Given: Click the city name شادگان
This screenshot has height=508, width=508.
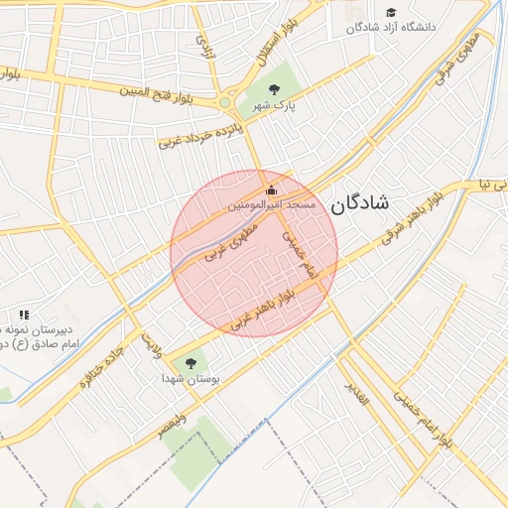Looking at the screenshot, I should (x=361, y=203).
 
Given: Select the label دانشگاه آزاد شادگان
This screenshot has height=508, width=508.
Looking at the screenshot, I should (x=391, y=27).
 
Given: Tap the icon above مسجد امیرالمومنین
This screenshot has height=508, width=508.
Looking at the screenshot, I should (x=271, y=190).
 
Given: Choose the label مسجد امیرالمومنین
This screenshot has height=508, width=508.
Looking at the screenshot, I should (x=272, y=204).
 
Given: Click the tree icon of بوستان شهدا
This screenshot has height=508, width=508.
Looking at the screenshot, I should (x=191, y=364).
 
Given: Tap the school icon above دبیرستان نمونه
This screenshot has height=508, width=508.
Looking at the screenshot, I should (x=23, y=315).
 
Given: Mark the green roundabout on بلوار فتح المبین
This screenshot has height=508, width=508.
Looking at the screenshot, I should (x=225, y=101).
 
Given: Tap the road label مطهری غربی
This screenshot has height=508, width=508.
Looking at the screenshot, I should (x=230, y=240).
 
